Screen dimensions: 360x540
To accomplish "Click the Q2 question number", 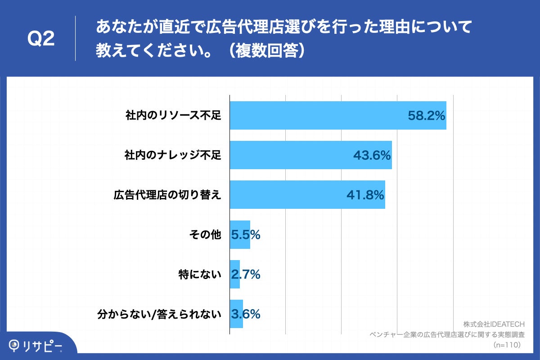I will pos(41,39).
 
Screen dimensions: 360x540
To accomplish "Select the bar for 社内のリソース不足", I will pos(315,116).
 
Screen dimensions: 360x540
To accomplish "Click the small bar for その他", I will pos(239,234).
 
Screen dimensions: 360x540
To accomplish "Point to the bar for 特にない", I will pos(234,274).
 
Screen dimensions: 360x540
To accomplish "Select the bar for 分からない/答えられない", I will pos(236,314).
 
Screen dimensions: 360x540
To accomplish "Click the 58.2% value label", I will pos(426,116).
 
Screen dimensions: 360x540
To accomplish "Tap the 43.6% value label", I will pos(371,155).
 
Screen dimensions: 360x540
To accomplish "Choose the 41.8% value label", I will pos(364,195).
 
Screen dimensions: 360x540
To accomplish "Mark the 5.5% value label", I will pos(245,234).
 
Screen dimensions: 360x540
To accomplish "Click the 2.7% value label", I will pos(245,274).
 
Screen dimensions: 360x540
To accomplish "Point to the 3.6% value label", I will pos(245,314).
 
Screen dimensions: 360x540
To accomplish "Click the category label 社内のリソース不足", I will pos(173,116).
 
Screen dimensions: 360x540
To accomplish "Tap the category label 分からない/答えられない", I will pos(160,314).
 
